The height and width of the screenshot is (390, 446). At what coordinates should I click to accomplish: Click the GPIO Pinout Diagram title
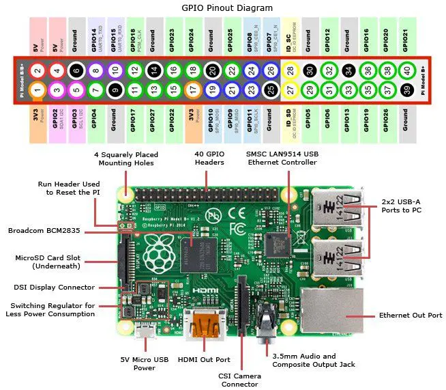click(223, 8)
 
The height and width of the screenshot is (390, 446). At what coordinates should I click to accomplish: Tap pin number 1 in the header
click(38, 89)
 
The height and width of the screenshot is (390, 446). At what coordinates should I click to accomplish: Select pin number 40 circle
click(408, 70)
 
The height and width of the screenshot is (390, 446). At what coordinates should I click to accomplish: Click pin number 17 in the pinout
click(194, 89)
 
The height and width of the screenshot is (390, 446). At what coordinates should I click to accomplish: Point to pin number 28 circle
click(291, 70)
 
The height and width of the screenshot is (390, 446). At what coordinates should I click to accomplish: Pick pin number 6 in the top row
click(77, 70)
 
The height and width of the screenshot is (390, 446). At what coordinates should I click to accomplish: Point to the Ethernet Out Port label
click(405, 316)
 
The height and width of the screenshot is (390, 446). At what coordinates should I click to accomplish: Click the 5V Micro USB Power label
click(144, 363)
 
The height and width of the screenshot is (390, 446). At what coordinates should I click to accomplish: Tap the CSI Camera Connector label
click(239, 379)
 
